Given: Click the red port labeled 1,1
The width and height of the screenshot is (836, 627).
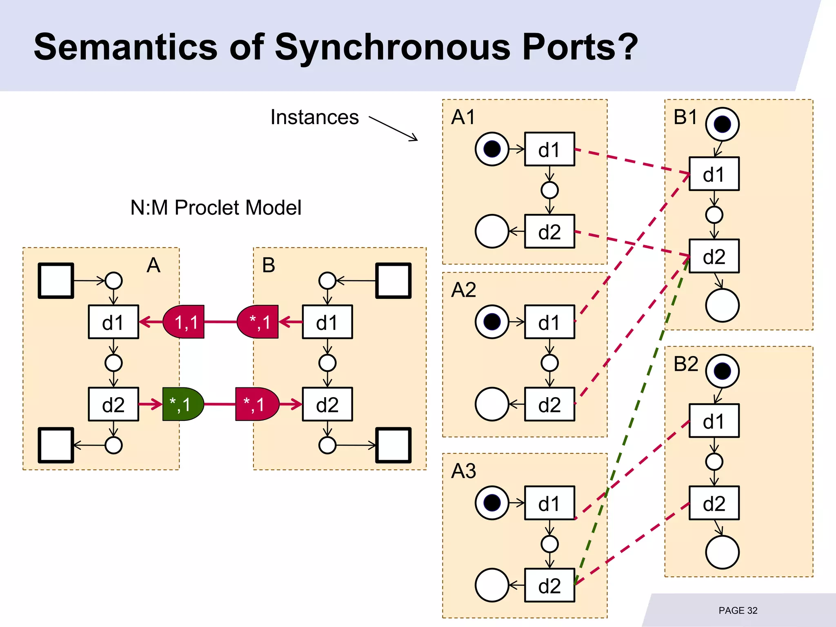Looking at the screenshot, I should point(184,322).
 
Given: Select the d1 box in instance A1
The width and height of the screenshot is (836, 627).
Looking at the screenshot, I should point(549,149).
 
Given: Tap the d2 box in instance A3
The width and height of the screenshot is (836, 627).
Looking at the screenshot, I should point(549,585).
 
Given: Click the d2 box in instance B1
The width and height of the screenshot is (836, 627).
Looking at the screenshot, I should point(714,256).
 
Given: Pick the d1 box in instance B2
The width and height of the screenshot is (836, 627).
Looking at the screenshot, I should point(714,421).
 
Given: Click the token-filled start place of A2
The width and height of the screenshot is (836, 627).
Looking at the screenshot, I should point(492,322).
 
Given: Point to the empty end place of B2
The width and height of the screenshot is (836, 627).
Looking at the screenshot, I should point(722,552).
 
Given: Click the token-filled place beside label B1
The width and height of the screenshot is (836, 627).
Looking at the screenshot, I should point(722,124).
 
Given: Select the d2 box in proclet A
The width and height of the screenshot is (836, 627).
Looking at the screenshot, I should point(113,404).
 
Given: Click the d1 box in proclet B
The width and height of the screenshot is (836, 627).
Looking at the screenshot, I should point(327,322).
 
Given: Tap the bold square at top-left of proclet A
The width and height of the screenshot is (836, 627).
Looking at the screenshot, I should point(56,281).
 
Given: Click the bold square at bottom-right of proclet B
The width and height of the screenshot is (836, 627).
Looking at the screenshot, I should point(393,445).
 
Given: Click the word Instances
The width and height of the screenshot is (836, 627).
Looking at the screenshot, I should point(314,118).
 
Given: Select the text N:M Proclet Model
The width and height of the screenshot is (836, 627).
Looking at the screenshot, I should point(216,207).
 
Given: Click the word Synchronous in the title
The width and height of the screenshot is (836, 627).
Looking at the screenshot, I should point(392,47).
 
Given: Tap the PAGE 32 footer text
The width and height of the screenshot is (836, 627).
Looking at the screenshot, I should point(738,610).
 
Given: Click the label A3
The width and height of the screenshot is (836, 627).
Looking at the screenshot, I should point(463,471).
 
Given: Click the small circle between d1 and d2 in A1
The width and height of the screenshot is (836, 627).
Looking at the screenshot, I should point(549,190).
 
